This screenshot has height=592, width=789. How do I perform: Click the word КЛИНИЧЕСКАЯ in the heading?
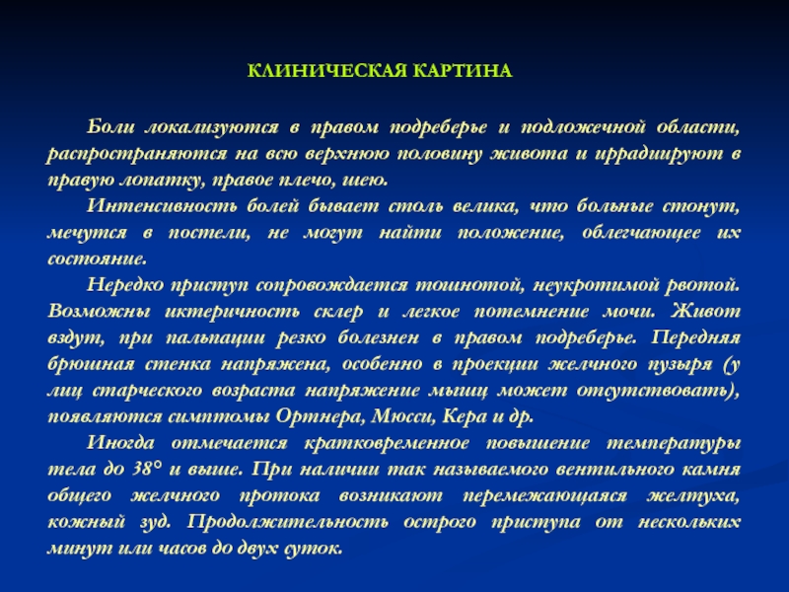click(x=327, y=71)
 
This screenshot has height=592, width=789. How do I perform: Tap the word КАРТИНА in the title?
click(x=463, y=71)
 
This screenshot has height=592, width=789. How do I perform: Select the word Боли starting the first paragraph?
click(x=110, y=127)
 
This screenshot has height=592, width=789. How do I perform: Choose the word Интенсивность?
click(x=162, y=206)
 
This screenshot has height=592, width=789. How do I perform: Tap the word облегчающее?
click(x=641, y=233)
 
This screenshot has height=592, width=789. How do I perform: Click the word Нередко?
click(x=125, y=285)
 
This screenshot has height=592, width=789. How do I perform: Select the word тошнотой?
click(x=470, y=285)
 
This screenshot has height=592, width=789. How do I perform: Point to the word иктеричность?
click(x=233, y=312)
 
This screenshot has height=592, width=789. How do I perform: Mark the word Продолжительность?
click(x=288, y=522)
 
